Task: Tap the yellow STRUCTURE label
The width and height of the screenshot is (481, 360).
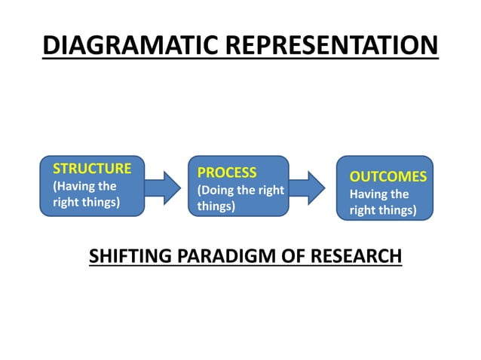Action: (x=92, y=168)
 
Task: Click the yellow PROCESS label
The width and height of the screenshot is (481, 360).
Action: (x=227, y=172)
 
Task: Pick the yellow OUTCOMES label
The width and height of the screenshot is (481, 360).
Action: (x=388, y=177)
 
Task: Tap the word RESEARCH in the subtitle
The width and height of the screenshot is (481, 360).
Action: (x=354, y=256)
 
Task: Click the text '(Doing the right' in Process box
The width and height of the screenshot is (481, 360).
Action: (x=240, y=190)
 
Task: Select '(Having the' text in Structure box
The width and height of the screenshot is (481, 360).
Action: (x=84, y=186)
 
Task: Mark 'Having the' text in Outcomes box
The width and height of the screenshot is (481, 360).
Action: (x=379, y=194)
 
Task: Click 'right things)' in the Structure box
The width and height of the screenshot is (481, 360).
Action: (x=86, y=202)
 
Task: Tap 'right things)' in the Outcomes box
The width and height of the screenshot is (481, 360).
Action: (x=382, y=209)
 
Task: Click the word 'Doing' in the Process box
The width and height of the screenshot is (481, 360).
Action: (x=219, y=190)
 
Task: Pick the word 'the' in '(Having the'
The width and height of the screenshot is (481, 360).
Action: (x=106, y=186)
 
